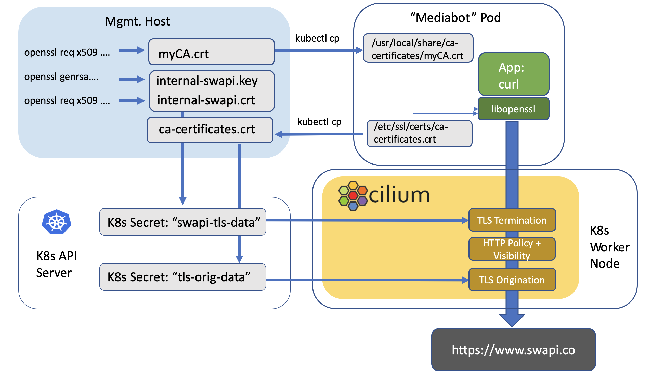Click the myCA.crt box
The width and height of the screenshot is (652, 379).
pyautogui.click(x=211, y=52)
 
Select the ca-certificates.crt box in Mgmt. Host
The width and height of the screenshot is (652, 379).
pyautogui.click(x=210, y=130)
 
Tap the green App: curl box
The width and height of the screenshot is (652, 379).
pyautogui.click(x=514, y=74)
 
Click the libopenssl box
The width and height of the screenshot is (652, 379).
pyautogui.click(x=514, y=109)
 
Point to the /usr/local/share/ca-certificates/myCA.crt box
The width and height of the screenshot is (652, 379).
pyautogui.click(x=418, y=48)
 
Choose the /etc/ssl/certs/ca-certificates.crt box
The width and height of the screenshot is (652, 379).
pyautogui.click(x=419, y=134)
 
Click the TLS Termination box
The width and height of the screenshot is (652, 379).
pyautogui.click(x=512, y=220)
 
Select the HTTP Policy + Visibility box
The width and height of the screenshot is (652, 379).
pyautogui.click(x=512, y=249)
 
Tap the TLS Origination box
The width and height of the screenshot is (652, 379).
pyautogui.click(x=512, y=280)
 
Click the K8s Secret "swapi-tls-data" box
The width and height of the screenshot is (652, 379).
pyautogui.click(x=183, y=222)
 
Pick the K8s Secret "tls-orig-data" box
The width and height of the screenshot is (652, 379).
pyautogui.click(x=183, y=277)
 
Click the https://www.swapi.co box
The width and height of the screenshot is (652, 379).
pyautogui.click(x=514, y=350)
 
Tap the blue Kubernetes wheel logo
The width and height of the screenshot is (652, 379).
pyautogui.click(x=56, y=222)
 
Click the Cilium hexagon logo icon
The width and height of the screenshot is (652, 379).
pyautogui.click(x=353, y=195)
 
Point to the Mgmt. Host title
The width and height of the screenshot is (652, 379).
pyautogui.click(x=137, y=21)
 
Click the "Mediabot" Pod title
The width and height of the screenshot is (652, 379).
pyautogui.click(x=455, y=18)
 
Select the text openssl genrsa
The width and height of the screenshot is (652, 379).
pyautogui.click(x=61, y=77)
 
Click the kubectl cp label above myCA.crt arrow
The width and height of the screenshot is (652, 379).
pyautogui.click(x=317, y=38)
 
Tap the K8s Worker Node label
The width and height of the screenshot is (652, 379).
pyautogui.click(x=610, y=247)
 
